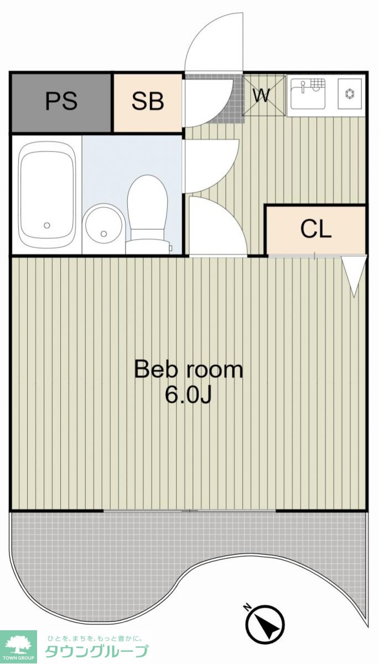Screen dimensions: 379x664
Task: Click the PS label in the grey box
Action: (61, 101)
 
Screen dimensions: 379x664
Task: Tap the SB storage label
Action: (148, 101)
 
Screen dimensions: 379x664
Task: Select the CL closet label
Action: (316, 229)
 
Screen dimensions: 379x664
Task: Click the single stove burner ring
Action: (350, 94)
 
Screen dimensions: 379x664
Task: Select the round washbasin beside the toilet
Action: (103, 224)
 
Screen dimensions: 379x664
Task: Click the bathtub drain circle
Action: (47, 225)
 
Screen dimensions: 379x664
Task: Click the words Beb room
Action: (189, 370)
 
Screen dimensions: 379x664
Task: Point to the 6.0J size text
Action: (189, 395)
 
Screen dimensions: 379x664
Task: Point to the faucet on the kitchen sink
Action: (303, 86)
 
